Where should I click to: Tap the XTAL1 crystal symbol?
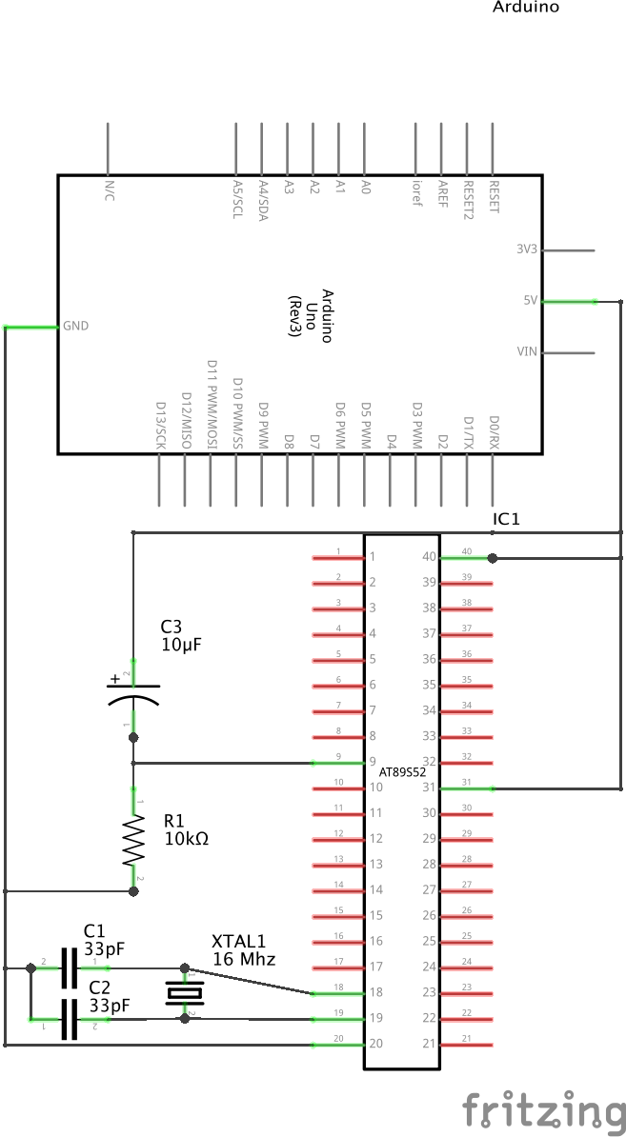(x=184, y=993)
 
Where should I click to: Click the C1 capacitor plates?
(x=68, y=967)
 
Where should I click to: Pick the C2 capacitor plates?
(x=68, y=1019)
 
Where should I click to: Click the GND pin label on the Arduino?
(x=75, y=326)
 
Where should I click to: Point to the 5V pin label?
(x=531, y=300)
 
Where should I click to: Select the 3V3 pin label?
(x=527, y=249)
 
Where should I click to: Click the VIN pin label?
(x=527, y=351)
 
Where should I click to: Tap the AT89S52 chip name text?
(x=401, y=772)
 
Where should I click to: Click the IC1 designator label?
(x=505, y=519)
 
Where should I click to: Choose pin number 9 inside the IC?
(x=373, y=762)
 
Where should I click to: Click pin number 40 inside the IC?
(x=429, y=557)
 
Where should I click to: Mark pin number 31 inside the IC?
(x=429, y=788)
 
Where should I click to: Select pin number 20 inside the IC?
(x=375, y=1044)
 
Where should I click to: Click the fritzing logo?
(x=543, y=1111)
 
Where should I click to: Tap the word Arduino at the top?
(x=525, y=8)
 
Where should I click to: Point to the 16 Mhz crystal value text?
(x=243, y=959)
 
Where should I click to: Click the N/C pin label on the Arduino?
(x=110, y=189)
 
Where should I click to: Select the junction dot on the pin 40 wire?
(x=492, y=558)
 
